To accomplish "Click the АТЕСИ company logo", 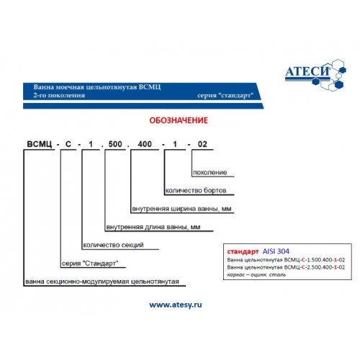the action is (315, 75).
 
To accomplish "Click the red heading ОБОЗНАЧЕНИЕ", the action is (179, 120).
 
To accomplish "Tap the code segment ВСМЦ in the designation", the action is (40, 144).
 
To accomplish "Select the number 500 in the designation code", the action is (115, 144).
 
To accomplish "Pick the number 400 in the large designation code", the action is (145, 144).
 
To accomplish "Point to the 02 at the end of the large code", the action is (202, 144).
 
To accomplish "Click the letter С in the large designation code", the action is (68, 144).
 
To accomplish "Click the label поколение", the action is (210, 172).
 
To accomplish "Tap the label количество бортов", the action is (196, 191).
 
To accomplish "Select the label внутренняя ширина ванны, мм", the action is (181, 209).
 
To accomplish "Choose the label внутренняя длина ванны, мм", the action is (153, 227).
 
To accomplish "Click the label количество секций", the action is (113, 245).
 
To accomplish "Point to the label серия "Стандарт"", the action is (90, 264).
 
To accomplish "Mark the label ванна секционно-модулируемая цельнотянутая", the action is (102, 282).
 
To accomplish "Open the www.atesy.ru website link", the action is (176, 305).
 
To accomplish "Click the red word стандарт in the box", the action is (243, 251).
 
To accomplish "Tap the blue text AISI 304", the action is (276, 251).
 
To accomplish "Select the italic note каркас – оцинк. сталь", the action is (256, 274).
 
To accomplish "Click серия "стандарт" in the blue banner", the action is (225, 96).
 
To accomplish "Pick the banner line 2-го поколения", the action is (59, 95).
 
